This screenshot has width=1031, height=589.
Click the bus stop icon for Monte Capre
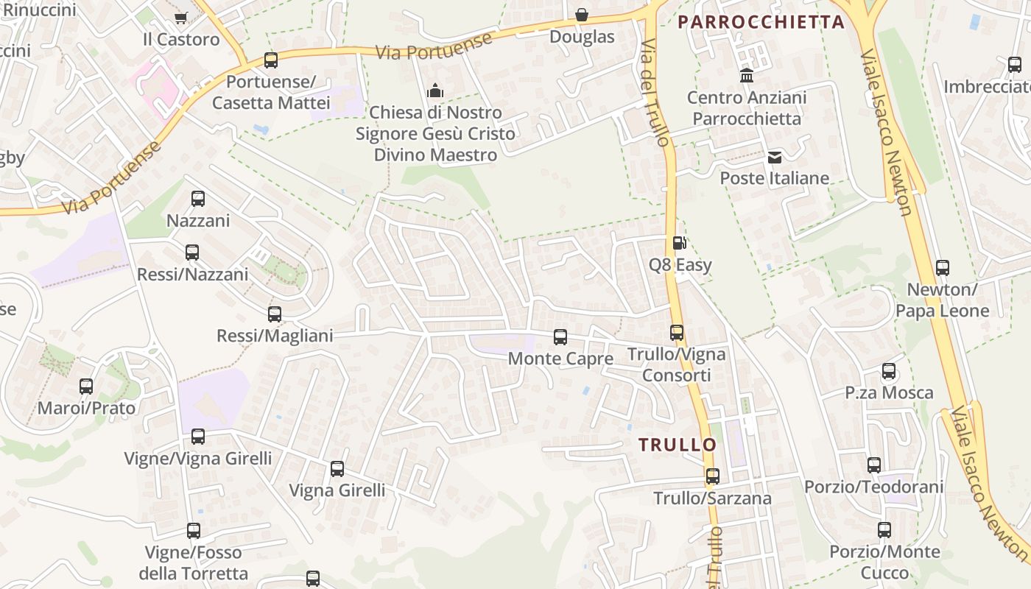click(x=560, y=337)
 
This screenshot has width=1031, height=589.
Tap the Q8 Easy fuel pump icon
click(x=679, y=242)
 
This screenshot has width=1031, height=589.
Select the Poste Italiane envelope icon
click(x=775, y=157)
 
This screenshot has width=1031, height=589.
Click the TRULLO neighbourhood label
click(x=678, y=445)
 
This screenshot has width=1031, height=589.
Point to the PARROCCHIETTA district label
click(x=761, y=22)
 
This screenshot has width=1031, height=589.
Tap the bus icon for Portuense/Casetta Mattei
click(x=271, y=60)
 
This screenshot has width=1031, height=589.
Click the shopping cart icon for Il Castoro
click(x=180, y=17)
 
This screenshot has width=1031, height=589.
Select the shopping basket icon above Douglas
click(x=582, y=15)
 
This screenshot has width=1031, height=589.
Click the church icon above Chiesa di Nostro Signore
click(x=435, y=91)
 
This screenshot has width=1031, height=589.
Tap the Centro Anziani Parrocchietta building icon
click(x=747, y=76)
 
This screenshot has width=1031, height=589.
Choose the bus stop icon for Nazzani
click(x=197, y=198)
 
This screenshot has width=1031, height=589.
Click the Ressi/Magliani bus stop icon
click(x=275, y=314)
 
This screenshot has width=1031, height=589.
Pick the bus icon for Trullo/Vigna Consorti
click(x=677, y=333)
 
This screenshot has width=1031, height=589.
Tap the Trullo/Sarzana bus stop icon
click(x=712, y=476)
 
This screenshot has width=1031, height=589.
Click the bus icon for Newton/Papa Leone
click(x=943, y=268)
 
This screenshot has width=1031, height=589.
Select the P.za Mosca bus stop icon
click(x=889, y=371)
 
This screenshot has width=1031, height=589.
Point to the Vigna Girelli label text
click(x=337, y=490)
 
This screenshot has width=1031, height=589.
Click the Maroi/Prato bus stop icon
click(x=86, y=387)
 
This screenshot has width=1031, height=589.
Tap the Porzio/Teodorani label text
click(x=873, y=487)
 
